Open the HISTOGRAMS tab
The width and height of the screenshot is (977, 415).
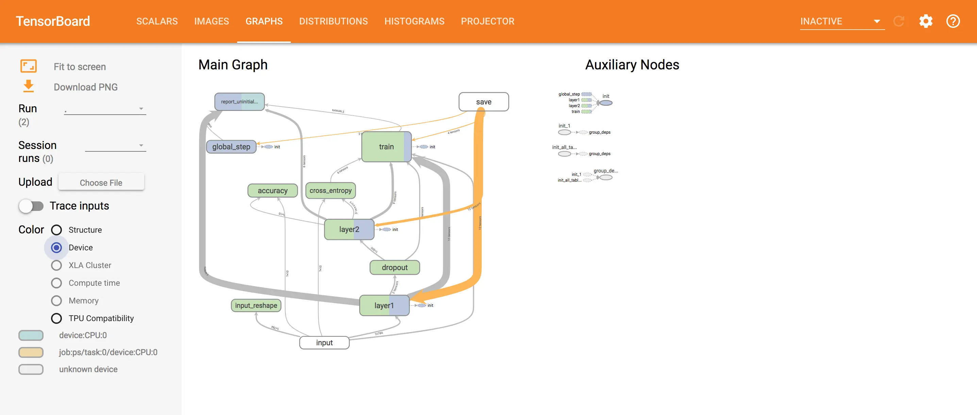414,21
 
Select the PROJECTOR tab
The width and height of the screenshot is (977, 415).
487,21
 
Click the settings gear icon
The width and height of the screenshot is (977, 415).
925,21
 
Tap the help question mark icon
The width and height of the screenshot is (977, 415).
953,21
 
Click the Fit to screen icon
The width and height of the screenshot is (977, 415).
29,66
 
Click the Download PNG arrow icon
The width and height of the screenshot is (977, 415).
29,86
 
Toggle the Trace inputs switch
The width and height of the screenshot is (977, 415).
31,206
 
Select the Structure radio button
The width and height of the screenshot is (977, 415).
56,230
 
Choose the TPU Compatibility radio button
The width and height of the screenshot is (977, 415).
56,318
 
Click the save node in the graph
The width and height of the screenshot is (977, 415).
484,102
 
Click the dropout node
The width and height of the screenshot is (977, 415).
395,267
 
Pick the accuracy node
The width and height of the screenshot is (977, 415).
272,190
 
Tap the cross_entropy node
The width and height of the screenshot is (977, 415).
330,190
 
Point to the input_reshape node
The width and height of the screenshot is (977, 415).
256,305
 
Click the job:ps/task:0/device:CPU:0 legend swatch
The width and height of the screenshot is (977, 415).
31,352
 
